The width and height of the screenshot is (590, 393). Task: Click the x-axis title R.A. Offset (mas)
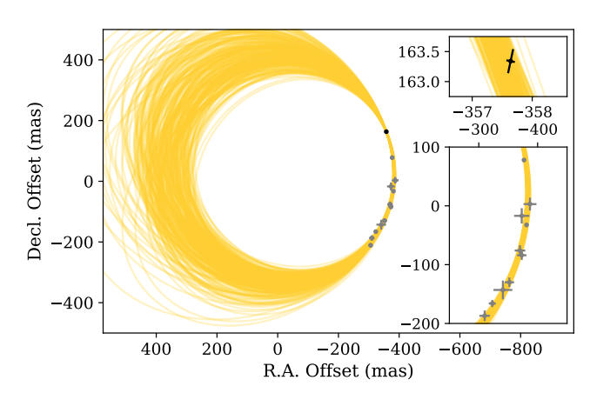[x=338, y=371]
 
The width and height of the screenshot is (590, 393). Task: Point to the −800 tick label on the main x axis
[x=520, y=349]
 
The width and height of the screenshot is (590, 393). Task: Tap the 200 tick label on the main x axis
[x=217, y=349]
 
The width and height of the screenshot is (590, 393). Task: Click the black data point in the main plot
[x=386, y=131]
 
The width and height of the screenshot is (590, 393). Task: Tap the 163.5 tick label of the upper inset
[x=423, y=52]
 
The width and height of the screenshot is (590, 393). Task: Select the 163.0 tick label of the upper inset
[x=423, y=83]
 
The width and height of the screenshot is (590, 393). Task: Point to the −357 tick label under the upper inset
[x=473, y=112]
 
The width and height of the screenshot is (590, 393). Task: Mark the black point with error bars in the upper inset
[x=511, y=61]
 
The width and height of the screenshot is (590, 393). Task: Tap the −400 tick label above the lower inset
[x=538, y=130]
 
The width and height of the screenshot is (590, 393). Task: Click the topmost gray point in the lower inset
[x=524, y=160]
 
